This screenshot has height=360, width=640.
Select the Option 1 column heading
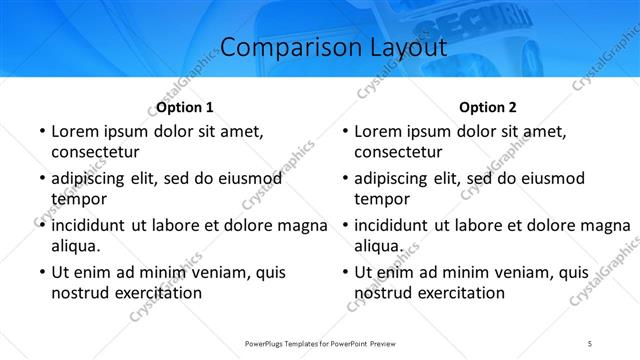[185, 107]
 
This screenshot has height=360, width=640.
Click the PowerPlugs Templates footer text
[319, 343]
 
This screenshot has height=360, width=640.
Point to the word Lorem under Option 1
[75, 131]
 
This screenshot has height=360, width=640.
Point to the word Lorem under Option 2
[379, 131]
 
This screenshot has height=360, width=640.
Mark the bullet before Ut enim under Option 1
[40, 272]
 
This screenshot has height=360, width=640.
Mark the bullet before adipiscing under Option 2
[343, 179]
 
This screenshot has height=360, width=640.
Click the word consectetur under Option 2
[398, 152]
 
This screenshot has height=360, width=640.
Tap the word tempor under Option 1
[76, 200]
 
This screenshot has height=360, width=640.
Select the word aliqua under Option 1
[76, 246]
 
